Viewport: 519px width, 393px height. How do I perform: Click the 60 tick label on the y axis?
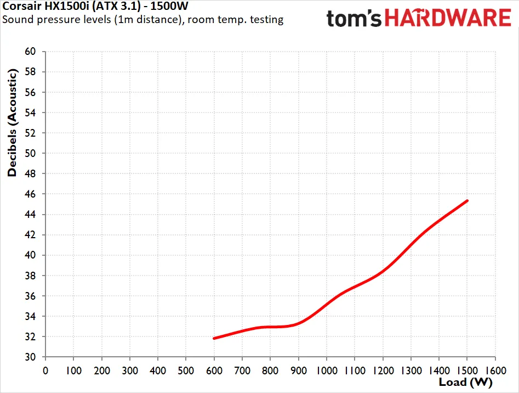point(30,52)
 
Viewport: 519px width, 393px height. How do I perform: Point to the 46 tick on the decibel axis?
point(30,194)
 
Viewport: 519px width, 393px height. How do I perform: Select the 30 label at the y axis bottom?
point(30,357)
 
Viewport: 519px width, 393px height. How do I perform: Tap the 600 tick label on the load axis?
point(214,370)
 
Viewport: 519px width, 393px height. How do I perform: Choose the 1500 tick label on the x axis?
point(467,370)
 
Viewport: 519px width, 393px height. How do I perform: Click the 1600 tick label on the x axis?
point(495,370)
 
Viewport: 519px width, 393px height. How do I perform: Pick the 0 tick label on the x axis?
point(45,370)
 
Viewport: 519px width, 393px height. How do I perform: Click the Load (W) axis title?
point(466,383)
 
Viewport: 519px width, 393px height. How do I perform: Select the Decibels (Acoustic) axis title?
point(12,122)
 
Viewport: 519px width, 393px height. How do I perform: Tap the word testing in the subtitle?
point(267,20)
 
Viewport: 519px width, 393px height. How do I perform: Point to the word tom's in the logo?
point(354,19)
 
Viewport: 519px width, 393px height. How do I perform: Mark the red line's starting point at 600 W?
point(214,338)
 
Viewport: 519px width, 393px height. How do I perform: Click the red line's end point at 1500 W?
point(467,200)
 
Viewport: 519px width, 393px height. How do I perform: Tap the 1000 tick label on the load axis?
point(327,370)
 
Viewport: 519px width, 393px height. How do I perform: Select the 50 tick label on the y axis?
point(30,153)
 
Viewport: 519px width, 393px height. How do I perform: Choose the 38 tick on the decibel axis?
point(30,276)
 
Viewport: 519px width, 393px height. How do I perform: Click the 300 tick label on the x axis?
point(130,370)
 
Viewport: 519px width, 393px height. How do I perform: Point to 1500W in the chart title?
point(169,6)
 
